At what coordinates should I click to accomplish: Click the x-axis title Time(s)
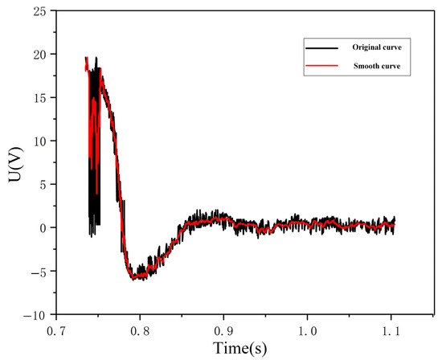coord(239,348)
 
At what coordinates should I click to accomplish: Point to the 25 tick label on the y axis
coord(39,11)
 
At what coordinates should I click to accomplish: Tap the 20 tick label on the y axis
coord(39,55)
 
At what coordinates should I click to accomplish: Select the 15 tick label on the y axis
coord(39,98)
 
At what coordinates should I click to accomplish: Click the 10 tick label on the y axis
coord(39,141)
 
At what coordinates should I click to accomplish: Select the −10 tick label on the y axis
coord(35,314)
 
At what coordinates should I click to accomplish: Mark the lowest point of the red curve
coord(135,279)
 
